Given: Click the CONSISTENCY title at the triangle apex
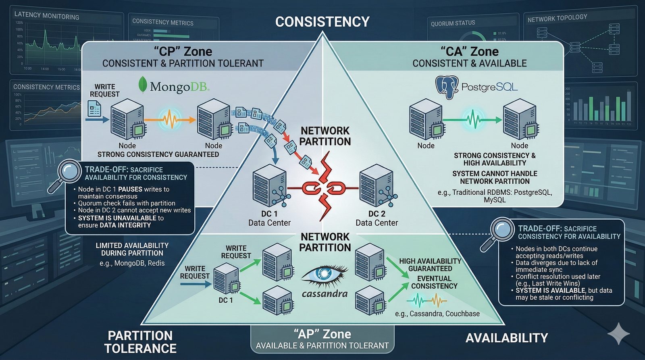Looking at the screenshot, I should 322,22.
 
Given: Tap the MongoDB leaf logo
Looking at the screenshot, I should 142,85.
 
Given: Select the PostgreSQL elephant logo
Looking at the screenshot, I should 447,87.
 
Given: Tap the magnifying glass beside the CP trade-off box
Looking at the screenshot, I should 69,172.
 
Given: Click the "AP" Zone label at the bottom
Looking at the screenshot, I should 322,334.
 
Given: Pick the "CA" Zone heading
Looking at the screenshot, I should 469,52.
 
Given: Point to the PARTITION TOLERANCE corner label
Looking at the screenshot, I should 140,342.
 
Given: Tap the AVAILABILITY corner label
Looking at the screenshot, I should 506,338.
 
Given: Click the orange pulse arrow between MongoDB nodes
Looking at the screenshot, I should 170,119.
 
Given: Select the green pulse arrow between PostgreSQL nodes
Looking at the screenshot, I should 472,120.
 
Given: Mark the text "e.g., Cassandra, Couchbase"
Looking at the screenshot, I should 437,314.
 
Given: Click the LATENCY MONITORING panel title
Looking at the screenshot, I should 47,16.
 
